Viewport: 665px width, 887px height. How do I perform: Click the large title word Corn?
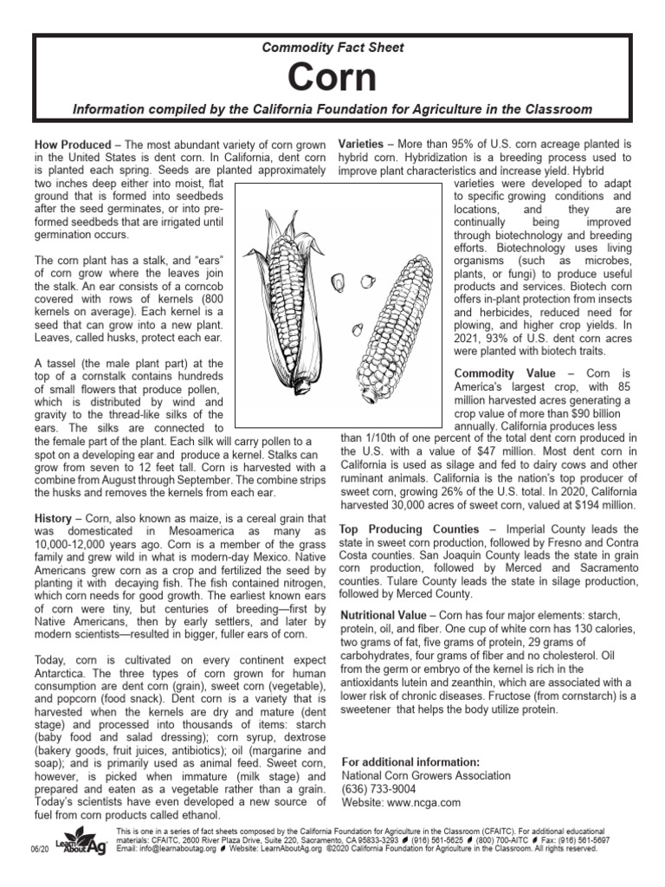332,77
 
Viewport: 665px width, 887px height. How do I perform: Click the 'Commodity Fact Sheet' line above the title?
332,48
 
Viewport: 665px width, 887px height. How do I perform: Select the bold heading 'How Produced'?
73,143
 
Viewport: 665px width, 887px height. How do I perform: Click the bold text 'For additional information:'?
410,761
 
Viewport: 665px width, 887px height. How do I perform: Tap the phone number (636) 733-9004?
379,789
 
